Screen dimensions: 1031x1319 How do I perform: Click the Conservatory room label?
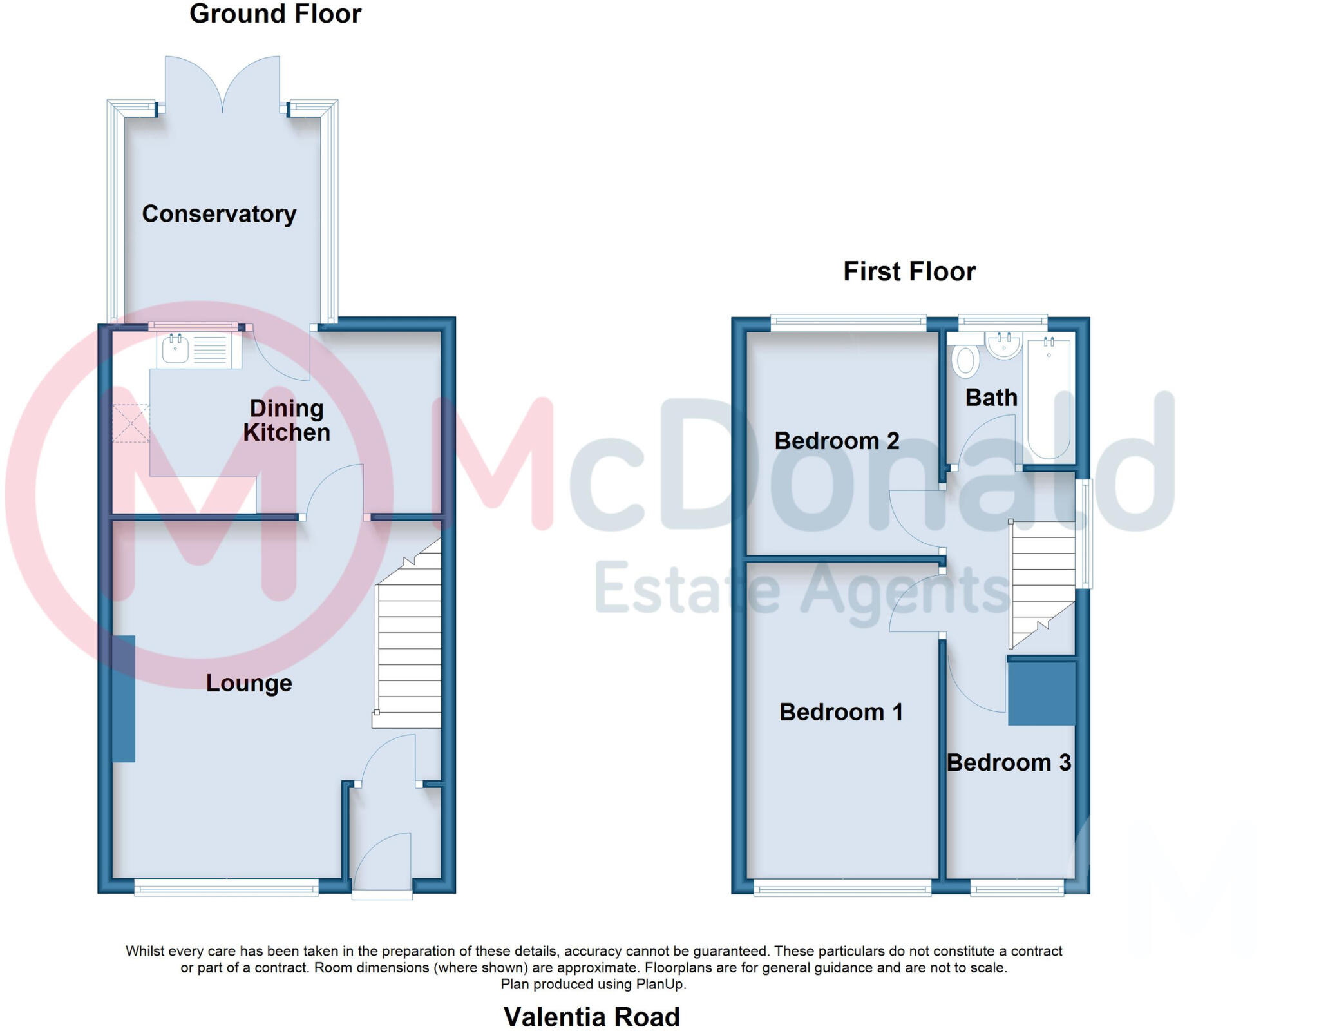click(219, 214)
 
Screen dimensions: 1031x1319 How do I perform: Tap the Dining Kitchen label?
click(287, 420)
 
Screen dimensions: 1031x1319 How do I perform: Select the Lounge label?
click(249, 683)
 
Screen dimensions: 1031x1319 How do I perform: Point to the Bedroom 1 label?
click(840, 712)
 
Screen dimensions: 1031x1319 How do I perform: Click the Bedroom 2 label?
click(836, 441)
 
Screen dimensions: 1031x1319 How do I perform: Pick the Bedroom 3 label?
click(1008, 762)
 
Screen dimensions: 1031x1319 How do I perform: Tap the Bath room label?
click(991, 398)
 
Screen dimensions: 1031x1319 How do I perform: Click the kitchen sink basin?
click(175, 350)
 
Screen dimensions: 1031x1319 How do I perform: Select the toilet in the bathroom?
click(965, 361)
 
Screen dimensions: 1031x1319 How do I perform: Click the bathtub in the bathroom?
click(1049, 400)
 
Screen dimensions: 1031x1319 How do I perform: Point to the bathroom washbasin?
click(1003, 346)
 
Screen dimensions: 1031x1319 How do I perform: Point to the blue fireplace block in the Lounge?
click(124, 699)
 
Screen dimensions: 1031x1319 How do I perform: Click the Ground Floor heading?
click(275, 14)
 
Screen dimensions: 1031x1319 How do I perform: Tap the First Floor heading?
click(909, 271)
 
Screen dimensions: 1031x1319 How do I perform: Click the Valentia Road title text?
click(591, 1017)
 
